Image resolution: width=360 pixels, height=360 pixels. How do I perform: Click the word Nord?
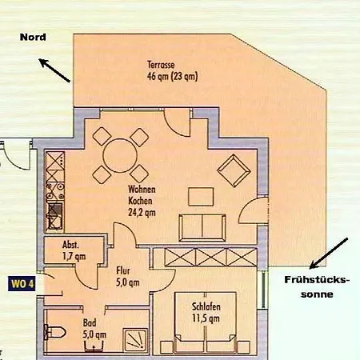pyautogui.click(x=33, y=37)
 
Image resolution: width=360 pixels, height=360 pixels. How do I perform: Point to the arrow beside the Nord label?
pyautogui.click(x=54, y=70)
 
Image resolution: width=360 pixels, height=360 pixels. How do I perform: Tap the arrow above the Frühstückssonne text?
pyautogui.click(x=329, y=253)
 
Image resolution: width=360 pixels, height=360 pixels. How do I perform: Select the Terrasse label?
pyautogui.click(x=161, y=65)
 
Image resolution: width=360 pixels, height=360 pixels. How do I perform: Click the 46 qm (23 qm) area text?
pyautogui.click(x=172, y=77)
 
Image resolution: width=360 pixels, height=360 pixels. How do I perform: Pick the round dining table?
pyautogui.click(x=120, y=155)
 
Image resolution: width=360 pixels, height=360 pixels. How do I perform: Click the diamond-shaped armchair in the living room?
pyautogui.click(x=234, y=170)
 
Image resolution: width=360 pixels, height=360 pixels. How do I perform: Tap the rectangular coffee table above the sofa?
pyautogui.click(x=201, y=197)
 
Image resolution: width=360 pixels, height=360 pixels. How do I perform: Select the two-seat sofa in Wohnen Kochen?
pyautogui.click(x=202, y=227)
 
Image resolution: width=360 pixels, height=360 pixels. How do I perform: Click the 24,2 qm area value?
pyautogui.click(x=142, y=213)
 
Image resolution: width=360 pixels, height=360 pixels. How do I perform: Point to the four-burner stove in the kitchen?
pyautogui.click(x=55, y=190)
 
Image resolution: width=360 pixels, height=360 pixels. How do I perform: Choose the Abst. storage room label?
pyautogui.click(x=70, y=245)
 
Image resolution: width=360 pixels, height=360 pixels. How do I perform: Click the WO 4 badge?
pyautogui.click(x=22, y=284)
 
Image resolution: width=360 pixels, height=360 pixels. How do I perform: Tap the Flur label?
pyautogui.click(x=123, y=270)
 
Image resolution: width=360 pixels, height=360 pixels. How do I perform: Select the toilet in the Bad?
pyautogui.click(x=54, y=332)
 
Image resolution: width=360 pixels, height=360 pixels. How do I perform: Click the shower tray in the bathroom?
pyautogui.click(x=135, y=340)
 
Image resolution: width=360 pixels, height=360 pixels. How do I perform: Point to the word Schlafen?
pyautogui.click(x=206, y=306)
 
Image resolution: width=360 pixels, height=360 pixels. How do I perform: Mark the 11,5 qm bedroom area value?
pyautogui.click(x=206, y=318)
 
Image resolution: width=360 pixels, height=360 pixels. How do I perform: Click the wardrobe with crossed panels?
pyautogui.click(x=210, y=258)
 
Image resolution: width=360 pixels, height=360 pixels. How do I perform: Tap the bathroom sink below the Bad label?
pyautogui.click(x=94, y=346)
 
